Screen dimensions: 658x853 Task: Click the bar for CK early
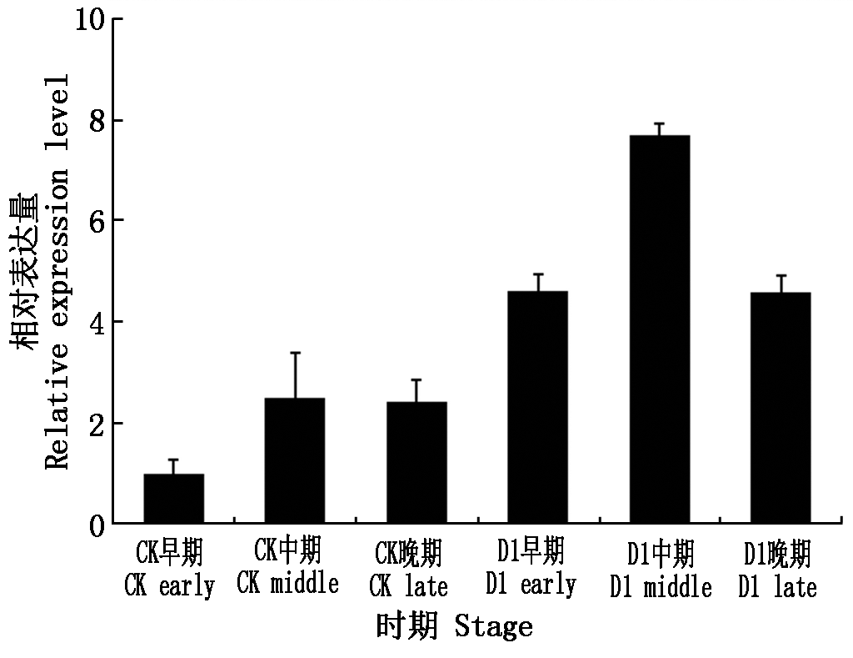[x=173, y=499]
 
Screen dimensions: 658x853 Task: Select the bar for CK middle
[x=295, y=461]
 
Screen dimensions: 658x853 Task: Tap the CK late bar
[x=416, y=463]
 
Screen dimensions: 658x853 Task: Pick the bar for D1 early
[x=537, y=408]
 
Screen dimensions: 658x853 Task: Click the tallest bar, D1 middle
[x=659, y=329]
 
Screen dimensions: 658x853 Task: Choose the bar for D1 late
[x=780, y=409]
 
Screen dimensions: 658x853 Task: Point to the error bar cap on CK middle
[x=295, y=353]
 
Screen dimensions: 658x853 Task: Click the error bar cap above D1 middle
[x=659, y=123]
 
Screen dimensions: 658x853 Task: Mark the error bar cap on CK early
[x=173, y=460]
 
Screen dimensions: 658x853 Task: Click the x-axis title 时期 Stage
[x=455, y=626]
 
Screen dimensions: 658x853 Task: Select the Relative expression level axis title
[x=58, y=271]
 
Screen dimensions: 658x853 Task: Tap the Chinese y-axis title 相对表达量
[x=23, y=271]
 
